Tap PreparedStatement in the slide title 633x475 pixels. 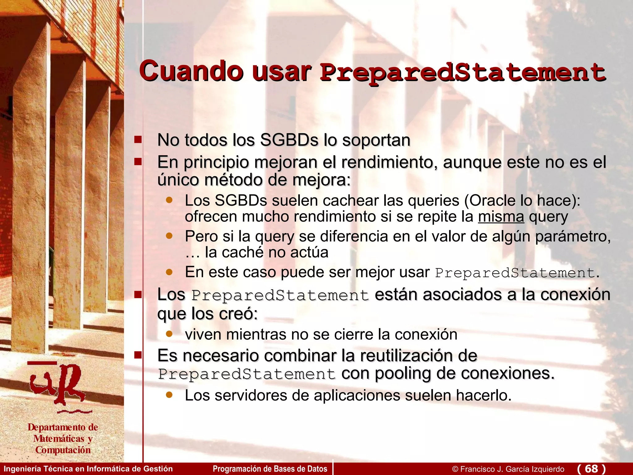[462, 73]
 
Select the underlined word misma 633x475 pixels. [501, 216]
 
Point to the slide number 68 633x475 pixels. [591, 469]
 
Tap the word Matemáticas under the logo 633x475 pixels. [59, 439]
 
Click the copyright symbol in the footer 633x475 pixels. [455, 469]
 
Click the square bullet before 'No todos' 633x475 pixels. [138, 139]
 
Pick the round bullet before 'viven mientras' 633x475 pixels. [169, 334]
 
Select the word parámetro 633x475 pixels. [573, 237]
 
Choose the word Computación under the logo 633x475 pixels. [63, 450]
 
